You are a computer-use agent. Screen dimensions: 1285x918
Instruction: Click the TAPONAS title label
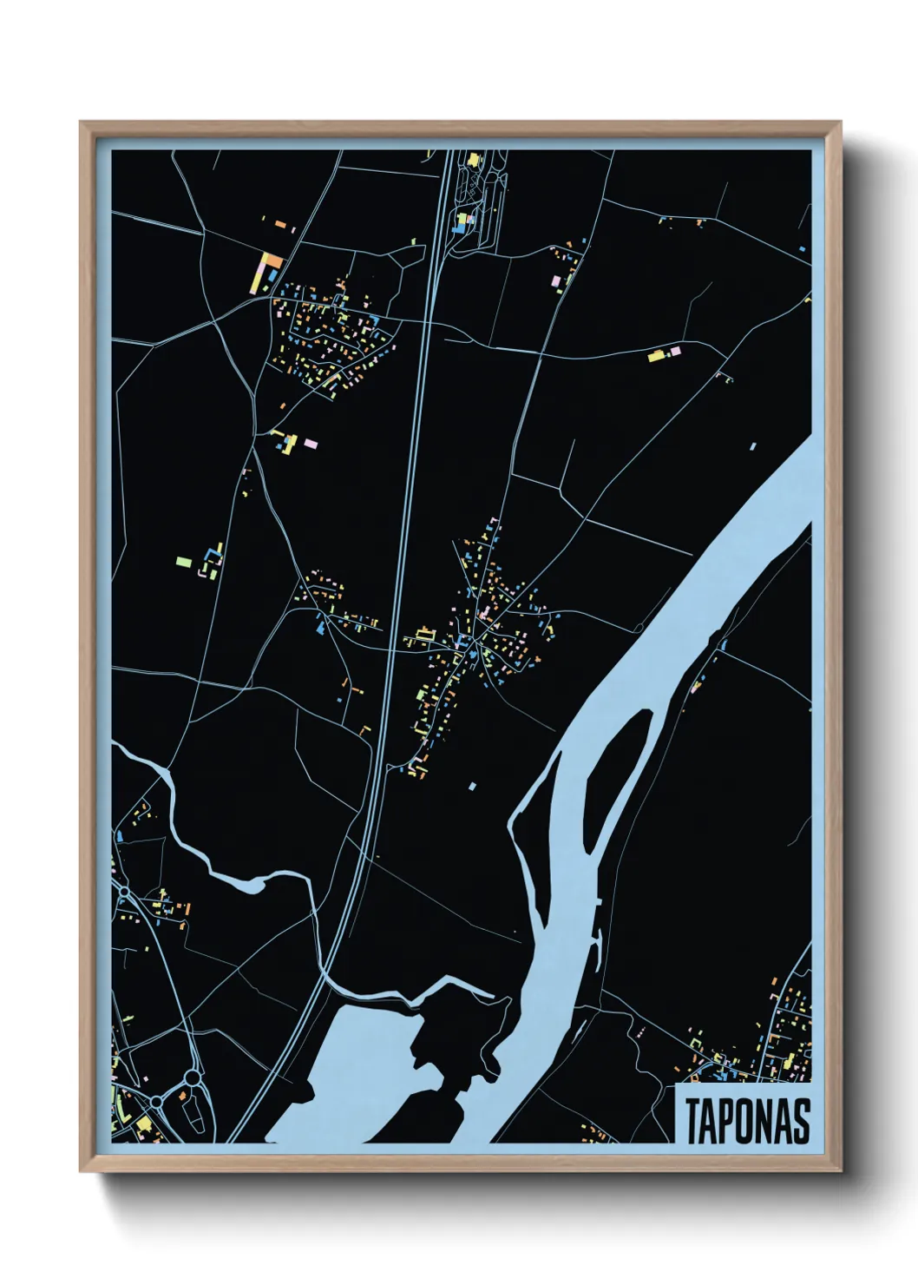[747, 1120]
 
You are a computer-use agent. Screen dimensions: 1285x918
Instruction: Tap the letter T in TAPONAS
[694, 1121]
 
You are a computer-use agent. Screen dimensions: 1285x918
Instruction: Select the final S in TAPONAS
[801, 1121]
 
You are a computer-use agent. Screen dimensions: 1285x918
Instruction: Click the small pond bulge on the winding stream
[247, 886]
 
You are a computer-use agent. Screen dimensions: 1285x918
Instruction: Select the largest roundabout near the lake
[191, 1077]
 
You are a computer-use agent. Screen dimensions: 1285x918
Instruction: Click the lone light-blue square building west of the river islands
[473, 787]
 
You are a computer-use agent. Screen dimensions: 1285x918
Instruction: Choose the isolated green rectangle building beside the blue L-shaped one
[183, 562]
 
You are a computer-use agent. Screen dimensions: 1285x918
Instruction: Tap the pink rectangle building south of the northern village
[311, 445]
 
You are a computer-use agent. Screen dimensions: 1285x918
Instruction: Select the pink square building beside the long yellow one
[675, 350]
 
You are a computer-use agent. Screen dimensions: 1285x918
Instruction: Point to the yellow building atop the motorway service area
[474, 160]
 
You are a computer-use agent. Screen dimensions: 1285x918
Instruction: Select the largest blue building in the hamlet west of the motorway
[322, 627]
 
